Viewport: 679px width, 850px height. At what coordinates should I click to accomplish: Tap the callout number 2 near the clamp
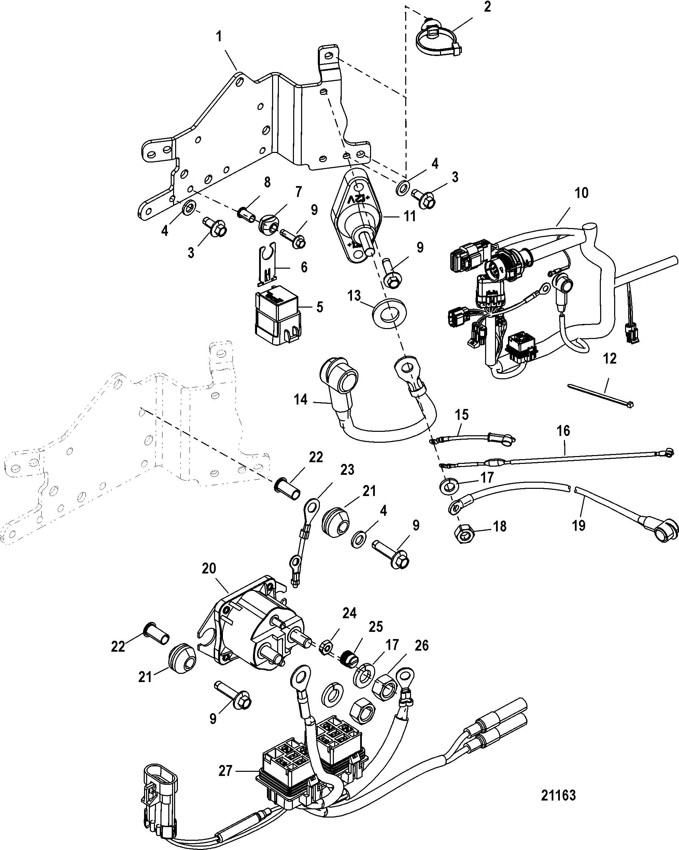click(487, 7)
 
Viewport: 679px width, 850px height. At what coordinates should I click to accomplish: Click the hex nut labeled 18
click(466, 534)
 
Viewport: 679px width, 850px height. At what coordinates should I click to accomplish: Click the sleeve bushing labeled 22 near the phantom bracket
click(287, 488)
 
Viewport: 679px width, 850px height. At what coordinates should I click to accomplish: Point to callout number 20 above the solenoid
click(209, 568)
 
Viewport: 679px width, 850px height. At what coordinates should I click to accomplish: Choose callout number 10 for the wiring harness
click(581, 193)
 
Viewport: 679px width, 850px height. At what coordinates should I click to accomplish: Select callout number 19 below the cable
click(578, 525)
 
